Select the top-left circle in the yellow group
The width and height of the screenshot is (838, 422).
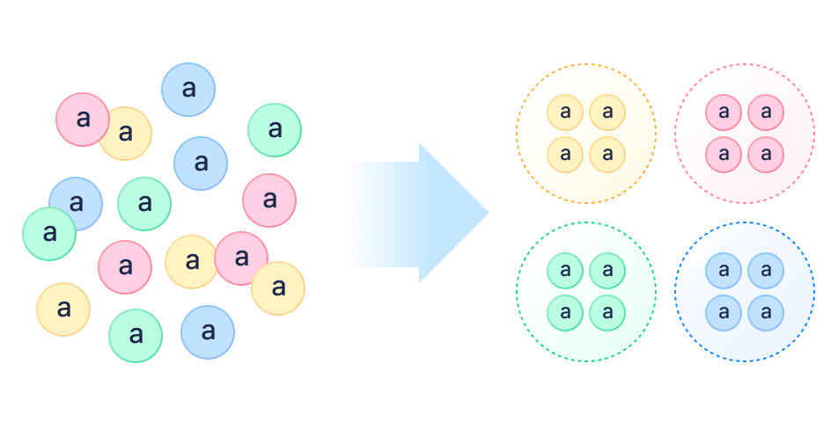coord(565,113)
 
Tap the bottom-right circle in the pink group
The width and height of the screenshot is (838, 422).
coord(766,155)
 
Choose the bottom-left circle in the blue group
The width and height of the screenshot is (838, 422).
coord(724,313)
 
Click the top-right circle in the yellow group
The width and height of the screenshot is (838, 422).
coord(607,113)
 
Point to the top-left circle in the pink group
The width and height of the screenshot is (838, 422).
coord(724,113)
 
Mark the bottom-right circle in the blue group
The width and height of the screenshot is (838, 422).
coord(766,313)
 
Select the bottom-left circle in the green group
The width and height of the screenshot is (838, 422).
coord(565,313)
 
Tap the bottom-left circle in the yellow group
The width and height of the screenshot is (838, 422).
coord(565,155)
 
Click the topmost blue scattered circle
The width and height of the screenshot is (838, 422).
coord(188,90)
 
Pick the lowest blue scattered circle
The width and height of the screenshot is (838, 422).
coord(208,332)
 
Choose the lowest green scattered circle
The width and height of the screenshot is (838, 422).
coord(136,336)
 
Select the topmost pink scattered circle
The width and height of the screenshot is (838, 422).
coord(83,120)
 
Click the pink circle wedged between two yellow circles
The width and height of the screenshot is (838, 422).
coord(239,258)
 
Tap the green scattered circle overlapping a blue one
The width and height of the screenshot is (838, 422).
coord(49,234)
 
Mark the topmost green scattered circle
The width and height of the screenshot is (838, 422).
coord(275,130)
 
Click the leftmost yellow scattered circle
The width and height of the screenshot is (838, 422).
coord(63,309)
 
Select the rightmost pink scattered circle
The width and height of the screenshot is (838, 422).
coord(269,200)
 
